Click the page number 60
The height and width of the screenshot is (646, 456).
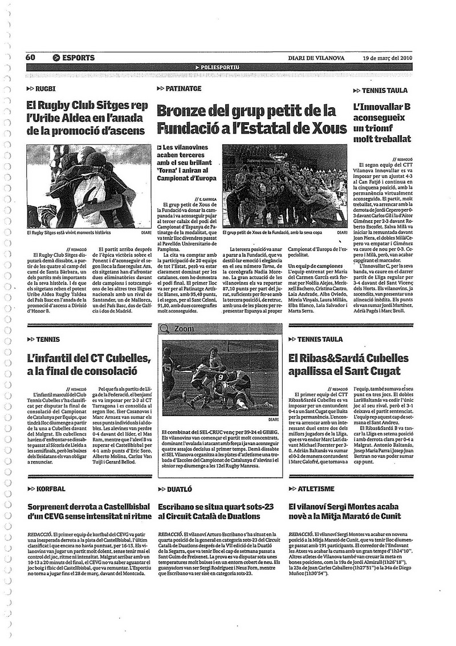coord(30,58)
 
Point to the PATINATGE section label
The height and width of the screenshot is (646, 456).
coord(183,89)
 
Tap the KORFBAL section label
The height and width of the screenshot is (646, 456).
coord(50,489)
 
